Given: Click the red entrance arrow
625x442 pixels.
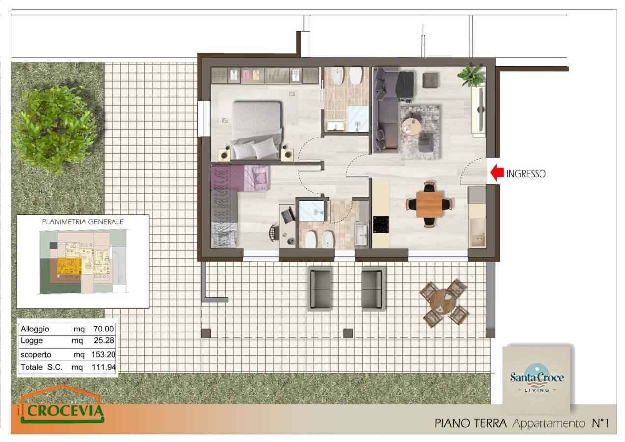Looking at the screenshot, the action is point(497,173).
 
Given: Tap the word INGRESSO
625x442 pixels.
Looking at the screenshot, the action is point(526,174).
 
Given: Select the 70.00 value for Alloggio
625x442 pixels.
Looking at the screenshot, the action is point(104,329).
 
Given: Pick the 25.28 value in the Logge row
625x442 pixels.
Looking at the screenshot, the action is point(104,340).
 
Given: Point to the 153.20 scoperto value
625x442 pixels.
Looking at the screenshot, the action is point(103,354).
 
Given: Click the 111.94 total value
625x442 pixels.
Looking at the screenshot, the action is point(104,367).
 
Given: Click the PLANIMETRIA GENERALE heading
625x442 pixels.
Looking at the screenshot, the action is point(83,221).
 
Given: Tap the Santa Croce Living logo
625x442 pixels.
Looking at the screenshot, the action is point(537,379).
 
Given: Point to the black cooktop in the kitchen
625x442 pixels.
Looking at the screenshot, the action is point(381,224).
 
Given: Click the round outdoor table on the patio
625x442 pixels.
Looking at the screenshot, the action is point(443,303).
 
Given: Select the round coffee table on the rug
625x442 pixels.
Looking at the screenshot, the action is point(411,127).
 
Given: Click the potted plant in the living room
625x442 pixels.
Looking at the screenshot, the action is point(472,75).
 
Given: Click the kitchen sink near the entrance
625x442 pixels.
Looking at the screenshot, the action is point(478,233).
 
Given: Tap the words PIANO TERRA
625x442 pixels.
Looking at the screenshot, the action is point(470,423).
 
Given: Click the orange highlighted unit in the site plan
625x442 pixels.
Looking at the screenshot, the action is point(69,266).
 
